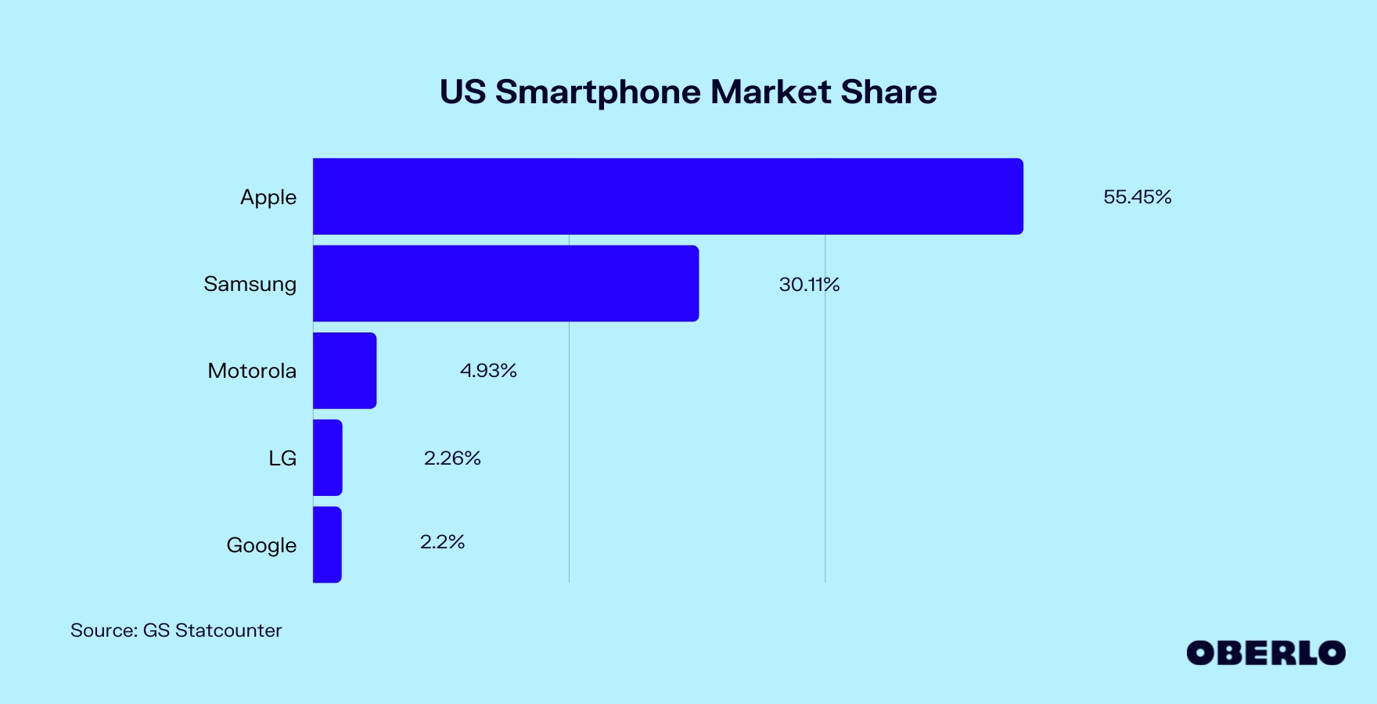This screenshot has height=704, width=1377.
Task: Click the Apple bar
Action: [x=667, y=196]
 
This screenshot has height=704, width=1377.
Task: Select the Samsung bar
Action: [x=505, y=283]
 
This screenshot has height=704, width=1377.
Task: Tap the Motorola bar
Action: [x=344, y=370]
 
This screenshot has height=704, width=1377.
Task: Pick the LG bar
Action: [x=327, y=458]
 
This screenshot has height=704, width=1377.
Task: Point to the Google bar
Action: [x=327, y=544]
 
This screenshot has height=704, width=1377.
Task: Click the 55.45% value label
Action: [x=1137, y=197]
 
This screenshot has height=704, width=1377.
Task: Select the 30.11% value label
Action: [x=809, y=285]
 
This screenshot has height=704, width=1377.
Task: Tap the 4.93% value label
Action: [x=488, y=371]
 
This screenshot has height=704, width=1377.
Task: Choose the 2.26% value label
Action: [x=452, y=458]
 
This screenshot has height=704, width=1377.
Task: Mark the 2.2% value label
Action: [x=442, y=542]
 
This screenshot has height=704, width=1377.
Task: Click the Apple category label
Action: [x=268, y=197]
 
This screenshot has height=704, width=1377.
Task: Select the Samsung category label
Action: [x=250, y=284]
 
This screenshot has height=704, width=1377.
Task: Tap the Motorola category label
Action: [x=252, y=371]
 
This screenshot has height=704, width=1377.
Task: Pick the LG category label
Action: [x=282, y=458]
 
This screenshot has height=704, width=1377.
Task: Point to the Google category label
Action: [x=261, y=545]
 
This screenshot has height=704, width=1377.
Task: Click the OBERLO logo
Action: [x=1265, y=653]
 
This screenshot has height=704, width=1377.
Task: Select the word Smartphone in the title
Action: [x=598, y=92]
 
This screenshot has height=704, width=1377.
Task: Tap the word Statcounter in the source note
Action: [x=228, y=630]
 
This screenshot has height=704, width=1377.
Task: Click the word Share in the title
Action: [x=889, y=92]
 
